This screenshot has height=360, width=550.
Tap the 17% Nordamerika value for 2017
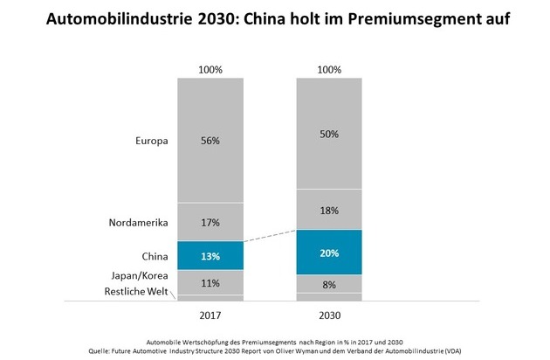point(210,223)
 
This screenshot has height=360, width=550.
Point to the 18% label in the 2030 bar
point(329,210)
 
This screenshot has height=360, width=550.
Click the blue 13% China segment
point(210,255)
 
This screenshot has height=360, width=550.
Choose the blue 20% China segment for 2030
point(329,253)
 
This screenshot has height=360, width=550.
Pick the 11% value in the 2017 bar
point(210,282)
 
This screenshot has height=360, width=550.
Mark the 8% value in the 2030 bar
point(329,284)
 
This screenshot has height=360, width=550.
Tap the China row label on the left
point(153,255)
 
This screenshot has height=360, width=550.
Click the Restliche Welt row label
point(138,292)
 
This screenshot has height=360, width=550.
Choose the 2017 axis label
point(210,314)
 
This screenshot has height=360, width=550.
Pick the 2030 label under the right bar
point(329,314)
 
